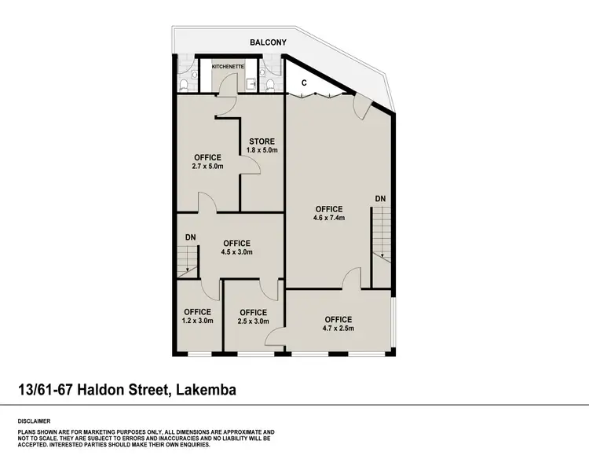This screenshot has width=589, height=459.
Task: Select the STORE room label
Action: (261, 141)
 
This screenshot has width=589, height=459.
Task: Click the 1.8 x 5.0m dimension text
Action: (262, 151)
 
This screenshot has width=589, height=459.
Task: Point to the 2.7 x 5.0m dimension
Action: (207, 167)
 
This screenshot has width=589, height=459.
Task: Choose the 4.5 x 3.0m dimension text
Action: (236, 252)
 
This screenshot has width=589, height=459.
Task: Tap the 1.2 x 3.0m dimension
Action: (196, 321)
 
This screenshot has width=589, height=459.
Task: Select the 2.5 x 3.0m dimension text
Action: (254, 321)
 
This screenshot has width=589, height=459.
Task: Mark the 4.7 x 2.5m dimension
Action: (338, 329)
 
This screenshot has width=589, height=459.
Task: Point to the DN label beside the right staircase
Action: (380, 198)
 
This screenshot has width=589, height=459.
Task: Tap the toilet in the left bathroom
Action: (183, 84)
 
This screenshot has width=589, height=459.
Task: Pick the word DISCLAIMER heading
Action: (34, 420)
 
